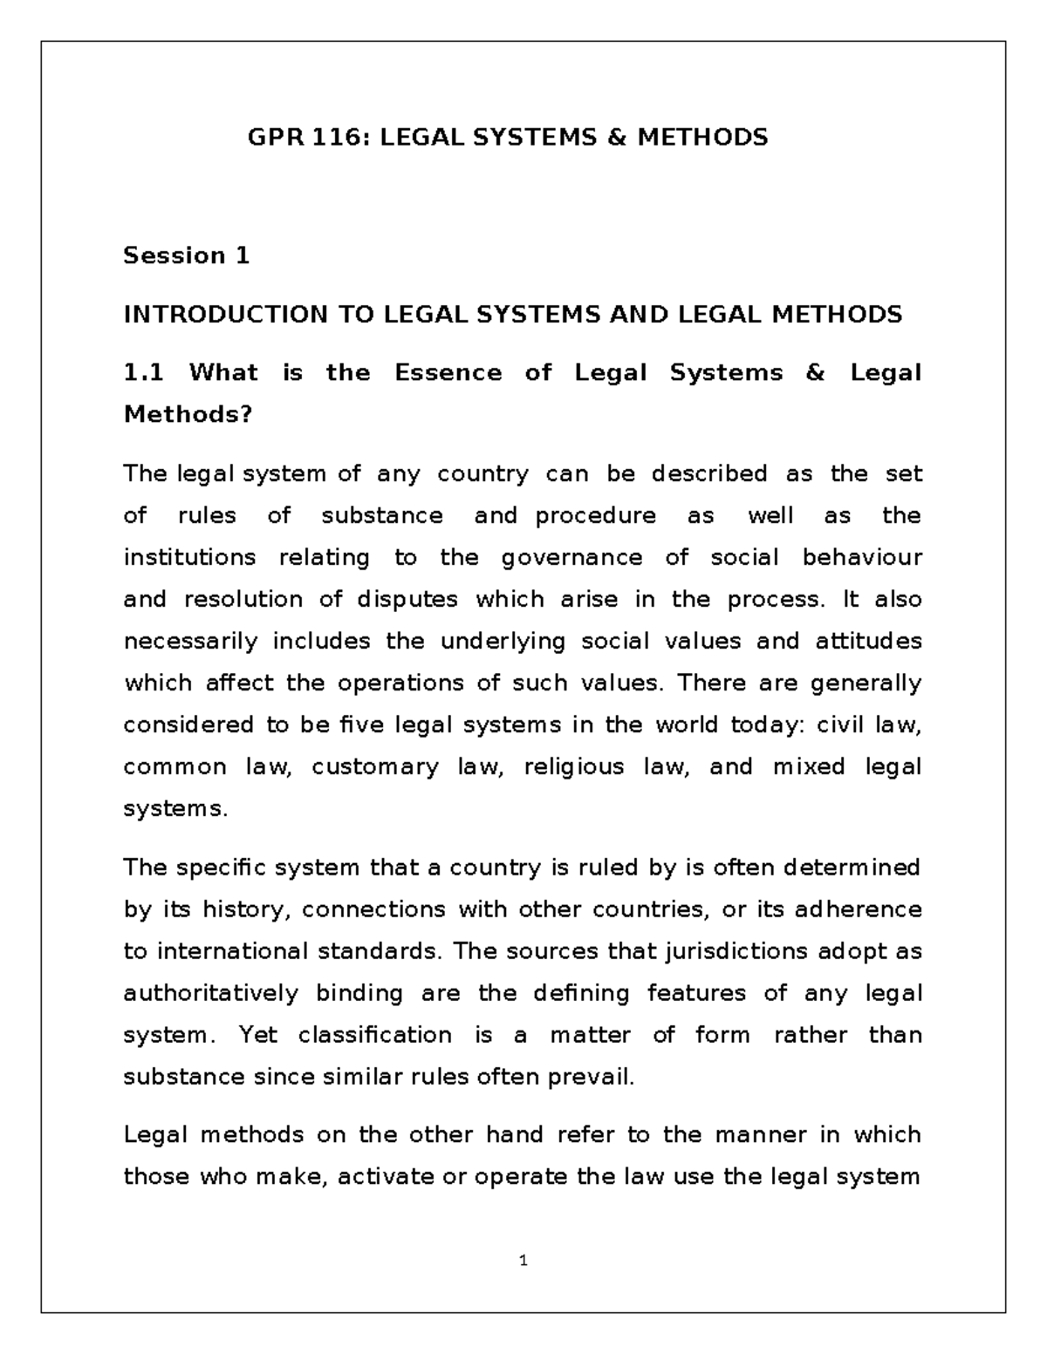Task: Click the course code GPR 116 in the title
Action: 299,137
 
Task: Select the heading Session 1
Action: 187,255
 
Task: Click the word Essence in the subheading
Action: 448,373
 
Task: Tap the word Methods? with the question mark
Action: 188,414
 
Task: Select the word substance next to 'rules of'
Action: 382,515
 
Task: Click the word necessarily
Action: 191,642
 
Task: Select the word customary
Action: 375,767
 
